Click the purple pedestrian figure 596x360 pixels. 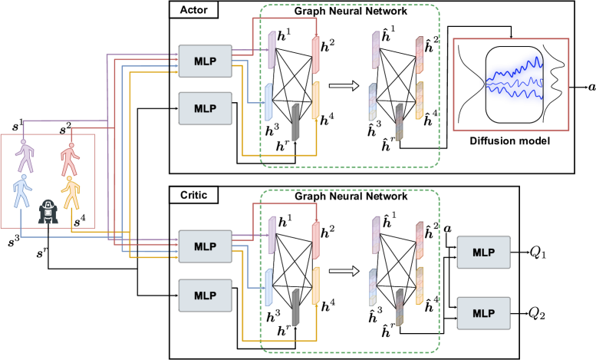click(x=26, y=156)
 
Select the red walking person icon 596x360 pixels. click(x=70, y=159)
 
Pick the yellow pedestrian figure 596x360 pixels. click(x=71, y=192)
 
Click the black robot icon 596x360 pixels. click(x=48, y=211)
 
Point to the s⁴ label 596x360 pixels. click(x=78, y=221)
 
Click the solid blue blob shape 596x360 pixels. click(x=515, y=79)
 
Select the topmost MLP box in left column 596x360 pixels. click(x=205, y=61)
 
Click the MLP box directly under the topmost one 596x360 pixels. click(x=205, y=108)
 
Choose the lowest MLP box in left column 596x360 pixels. click(x=205, y=296)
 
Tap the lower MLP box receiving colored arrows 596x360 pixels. click(x=205, y=246)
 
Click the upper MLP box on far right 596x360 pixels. click(x=483, y=252)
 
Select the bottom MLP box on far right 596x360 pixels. click(x=483, y=313)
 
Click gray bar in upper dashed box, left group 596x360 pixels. click(x=295, y=122)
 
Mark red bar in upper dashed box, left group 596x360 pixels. click(x=315, y=55)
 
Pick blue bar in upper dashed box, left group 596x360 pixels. click(x=268, y=101)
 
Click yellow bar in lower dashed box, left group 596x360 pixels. click(x=315, y=286)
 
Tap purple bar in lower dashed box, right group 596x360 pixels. click(x=376, y=235)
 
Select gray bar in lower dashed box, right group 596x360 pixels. click(x=399, y=307)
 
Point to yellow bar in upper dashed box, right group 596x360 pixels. click(x=419, y=101)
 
